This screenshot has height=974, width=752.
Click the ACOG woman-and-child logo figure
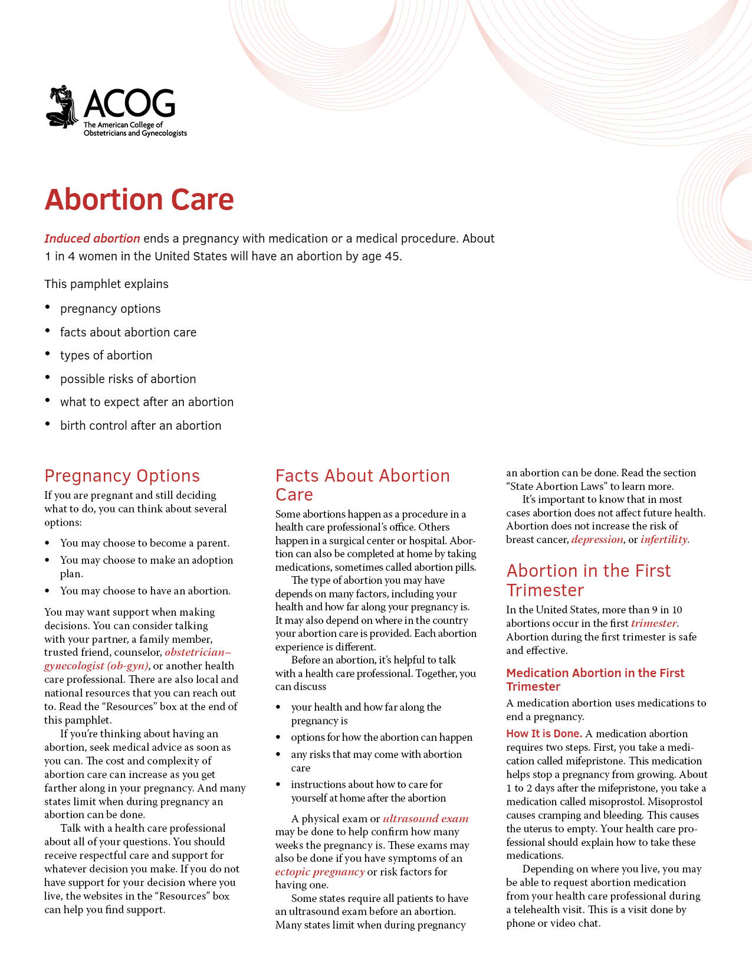63,106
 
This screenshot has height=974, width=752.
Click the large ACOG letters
129,104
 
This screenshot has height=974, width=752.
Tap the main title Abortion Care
139,200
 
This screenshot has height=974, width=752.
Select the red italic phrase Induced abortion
92,238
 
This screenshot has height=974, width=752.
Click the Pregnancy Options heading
122,476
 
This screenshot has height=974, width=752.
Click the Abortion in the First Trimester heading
588,580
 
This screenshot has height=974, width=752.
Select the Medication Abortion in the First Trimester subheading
595,679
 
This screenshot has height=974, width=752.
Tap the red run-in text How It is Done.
544,734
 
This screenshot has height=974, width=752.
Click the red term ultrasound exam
425,819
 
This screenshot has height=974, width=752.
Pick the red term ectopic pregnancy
320,872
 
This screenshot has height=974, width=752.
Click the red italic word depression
597,540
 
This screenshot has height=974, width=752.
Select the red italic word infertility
664,540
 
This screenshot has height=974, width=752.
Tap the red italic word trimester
654,623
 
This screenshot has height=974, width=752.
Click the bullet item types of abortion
106,355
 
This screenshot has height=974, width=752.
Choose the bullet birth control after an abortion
140,426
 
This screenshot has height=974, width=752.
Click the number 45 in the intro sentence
392,256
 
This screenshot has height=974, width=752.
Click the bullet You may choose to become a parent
145,543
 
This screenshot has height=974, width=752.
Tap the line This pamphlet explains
106,284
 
